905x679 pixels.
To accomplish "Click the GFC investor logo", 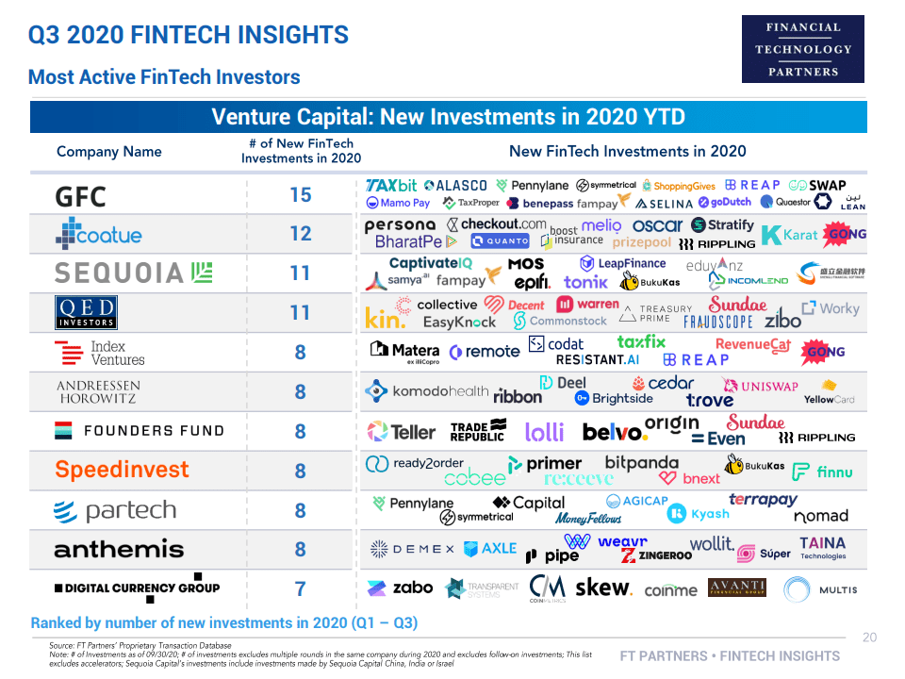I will (x=81, y=196).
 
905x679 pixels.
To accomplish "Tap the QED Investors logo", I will (x=86, y=312).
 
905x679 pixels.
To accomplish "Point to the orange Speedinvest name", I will (x=122, y=470).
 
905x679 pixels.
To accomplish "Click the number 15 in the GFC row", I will (x=300, y=195).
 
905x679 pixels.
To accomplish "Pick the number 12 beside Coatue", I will (x=300, y=234).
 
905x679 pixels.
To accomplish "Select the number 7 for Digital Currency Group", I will (x=300, y=589).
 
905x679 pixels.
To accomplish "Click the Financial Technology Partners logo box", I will (x=802, y=49).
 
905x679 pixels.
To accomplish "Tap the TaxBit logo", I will (x=391, y=186).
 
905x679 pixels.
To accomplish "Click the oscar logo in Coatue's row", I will (x=657, y=225).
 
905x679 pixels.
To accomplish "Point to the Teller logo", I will (x=402, y=432).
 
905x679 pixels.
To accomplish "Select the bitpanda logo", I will (x=641, y=463).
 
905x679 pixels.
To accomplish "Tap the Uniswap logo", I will (x=760, y=386).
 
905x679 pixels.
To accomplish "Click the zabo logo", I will (x=401, y=588).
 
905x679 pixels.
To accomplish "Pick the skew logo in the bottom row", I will (x=602, y=588).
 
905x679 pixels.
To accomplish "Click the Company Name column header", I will (x=109, y=152).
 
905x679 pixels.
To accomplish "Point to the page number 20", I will (x=869, y=638).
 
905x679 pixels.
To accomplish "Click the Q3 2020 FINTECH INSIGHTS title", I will (x=189, y=36).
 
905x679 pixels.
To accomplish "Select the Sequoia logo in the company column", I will (x=133, y=273).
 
